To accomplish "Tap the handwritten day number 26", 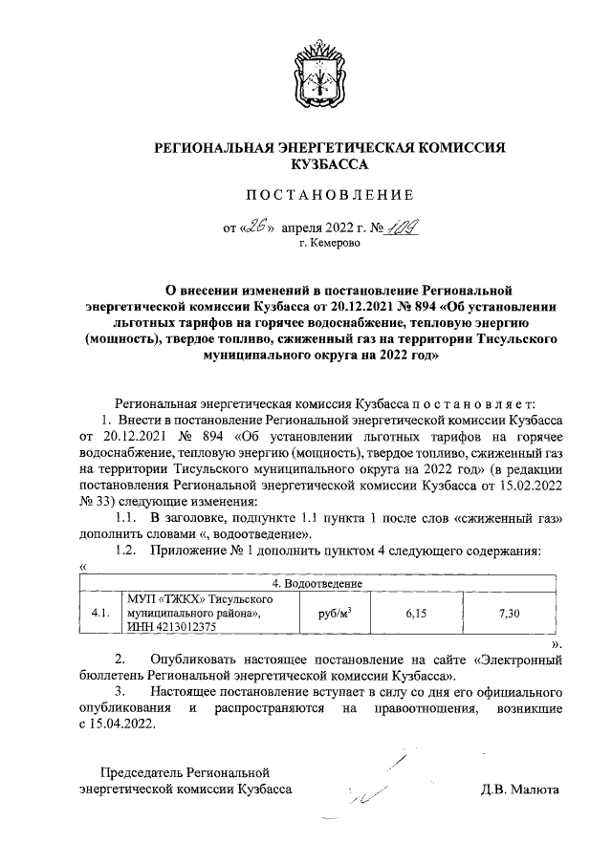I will click(255, 227).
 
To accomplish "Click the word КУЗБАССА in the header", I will click(329, 164).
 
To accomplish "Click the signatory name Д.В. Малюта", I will click(521, 789).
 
